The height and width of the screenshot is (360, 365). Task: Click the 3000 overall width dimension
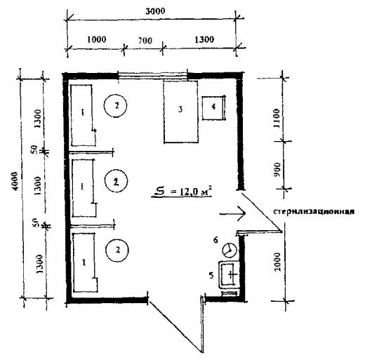pyautogui.click(x=155, y=11)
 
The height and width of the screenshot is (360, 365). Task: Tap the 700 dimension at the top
pyautogui.click(x=145, y=41)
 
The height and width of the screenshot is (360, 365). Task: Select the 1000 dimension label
pyautogui.click(x=96, y=39)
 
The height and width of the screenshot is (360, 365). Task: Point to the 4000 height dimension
pyautogui.click(x=14, y=181)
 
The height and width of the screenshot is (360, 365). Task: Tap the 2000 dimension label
pyautogui.click(x=277, y=262)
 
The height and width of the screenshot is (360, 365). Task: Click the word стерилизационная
pyautogui.click(x=314, y=211)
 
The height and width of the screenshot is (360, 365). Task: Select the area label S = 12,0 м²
pyautogui.click(x=182, y=192)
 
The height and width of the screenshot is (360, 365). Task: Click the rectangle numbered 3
pyautogui.click(x=181, y=112)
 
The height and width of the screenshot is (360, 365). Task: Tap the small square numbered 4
pyautogui.click(x=214, y=107)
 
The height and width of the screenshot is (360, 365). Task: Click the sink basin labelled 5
pyautogui.click(x=229, y=275)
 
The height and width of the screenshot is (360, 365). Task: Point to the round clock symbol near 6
pyautogui.click(x=230, y=250)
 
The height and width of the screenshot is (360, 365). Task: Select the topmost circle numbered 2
pyautogui.click(x=115, y=105)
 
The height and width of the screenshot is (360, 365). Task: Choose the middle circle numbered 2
pyautogui.click(x=116, y=181)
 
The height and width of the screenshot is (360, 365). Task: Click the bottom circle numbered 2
pyautogui.click(x=117, y=250)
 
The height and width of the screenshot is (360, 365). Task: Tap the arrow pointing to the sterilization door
pyautogui.click(x=232, y=213)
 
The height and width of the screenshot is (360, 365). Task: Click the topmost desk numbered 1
pyautogui.click(x=84, y=115)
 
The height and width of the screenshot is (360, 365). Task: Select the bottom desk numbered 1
pyautogui.click(x=85, y=262)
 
